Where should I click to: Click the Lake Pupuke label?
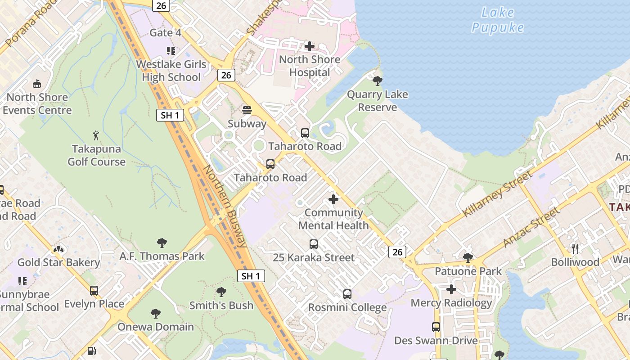[x=498, y=20]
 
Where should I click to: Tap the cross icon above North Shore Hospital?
[x=310, y=46]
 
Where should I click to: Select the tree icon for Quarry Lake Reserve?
[x=378, y=81]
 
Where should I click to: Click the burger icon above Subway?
[x=247, y=110]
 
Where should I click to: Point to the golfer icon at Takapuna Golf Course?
[x=96, y=135]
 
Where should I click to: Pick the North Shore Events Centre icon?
[x=37, y=84]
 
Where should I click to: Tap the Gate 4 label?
[x=165, y=33]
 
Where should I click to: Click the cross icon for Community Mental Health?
[x=333, y=199]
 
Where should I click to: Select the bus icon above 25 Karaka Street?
[x=314, y=244]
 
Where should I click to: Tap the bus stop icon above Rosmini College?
[x=347, y=294]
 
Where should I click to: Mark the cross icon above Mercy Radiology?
[x=451, y=289]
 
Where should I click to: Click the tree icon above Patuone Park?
[x=468, y=258]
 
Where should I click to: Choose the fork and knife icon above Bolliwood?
[x=575, y=248]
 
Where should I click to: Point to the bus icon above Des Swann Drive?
[x=436, y=327]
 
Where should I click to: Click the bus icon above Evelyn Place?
[x=94, y=291]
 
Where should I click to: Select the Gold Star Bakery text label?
[x=58, y=262]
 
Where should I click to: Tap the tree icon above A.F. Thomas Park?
[x=162, y=243]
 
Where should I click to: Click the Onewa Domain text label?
[x=156, y=327]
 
